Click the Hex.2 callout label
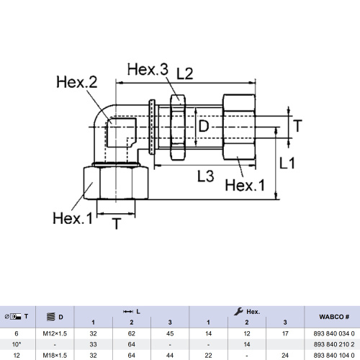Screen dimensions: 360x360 [x=77, y=82]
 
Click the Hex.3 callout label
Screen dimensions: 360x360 [x=148, y=69]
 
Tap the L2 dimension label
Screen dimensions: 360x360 [x=185, y=73]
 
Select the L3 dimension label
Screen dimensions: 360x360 [x=206, y=176]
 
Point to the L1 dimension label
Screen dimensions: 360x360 [x=287, y=163]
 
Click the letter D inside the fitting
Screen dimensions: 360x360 [x=204, y=126]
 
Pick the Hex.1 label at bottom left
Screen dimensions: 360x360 [x=73, y=218]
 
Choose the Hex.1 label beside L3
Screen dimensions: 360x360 [x=245, y=185]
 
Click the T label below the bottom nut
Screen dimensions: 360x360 [x=117, y=224]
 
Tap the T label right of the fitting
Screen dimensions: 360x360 [x=297, y=126]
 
